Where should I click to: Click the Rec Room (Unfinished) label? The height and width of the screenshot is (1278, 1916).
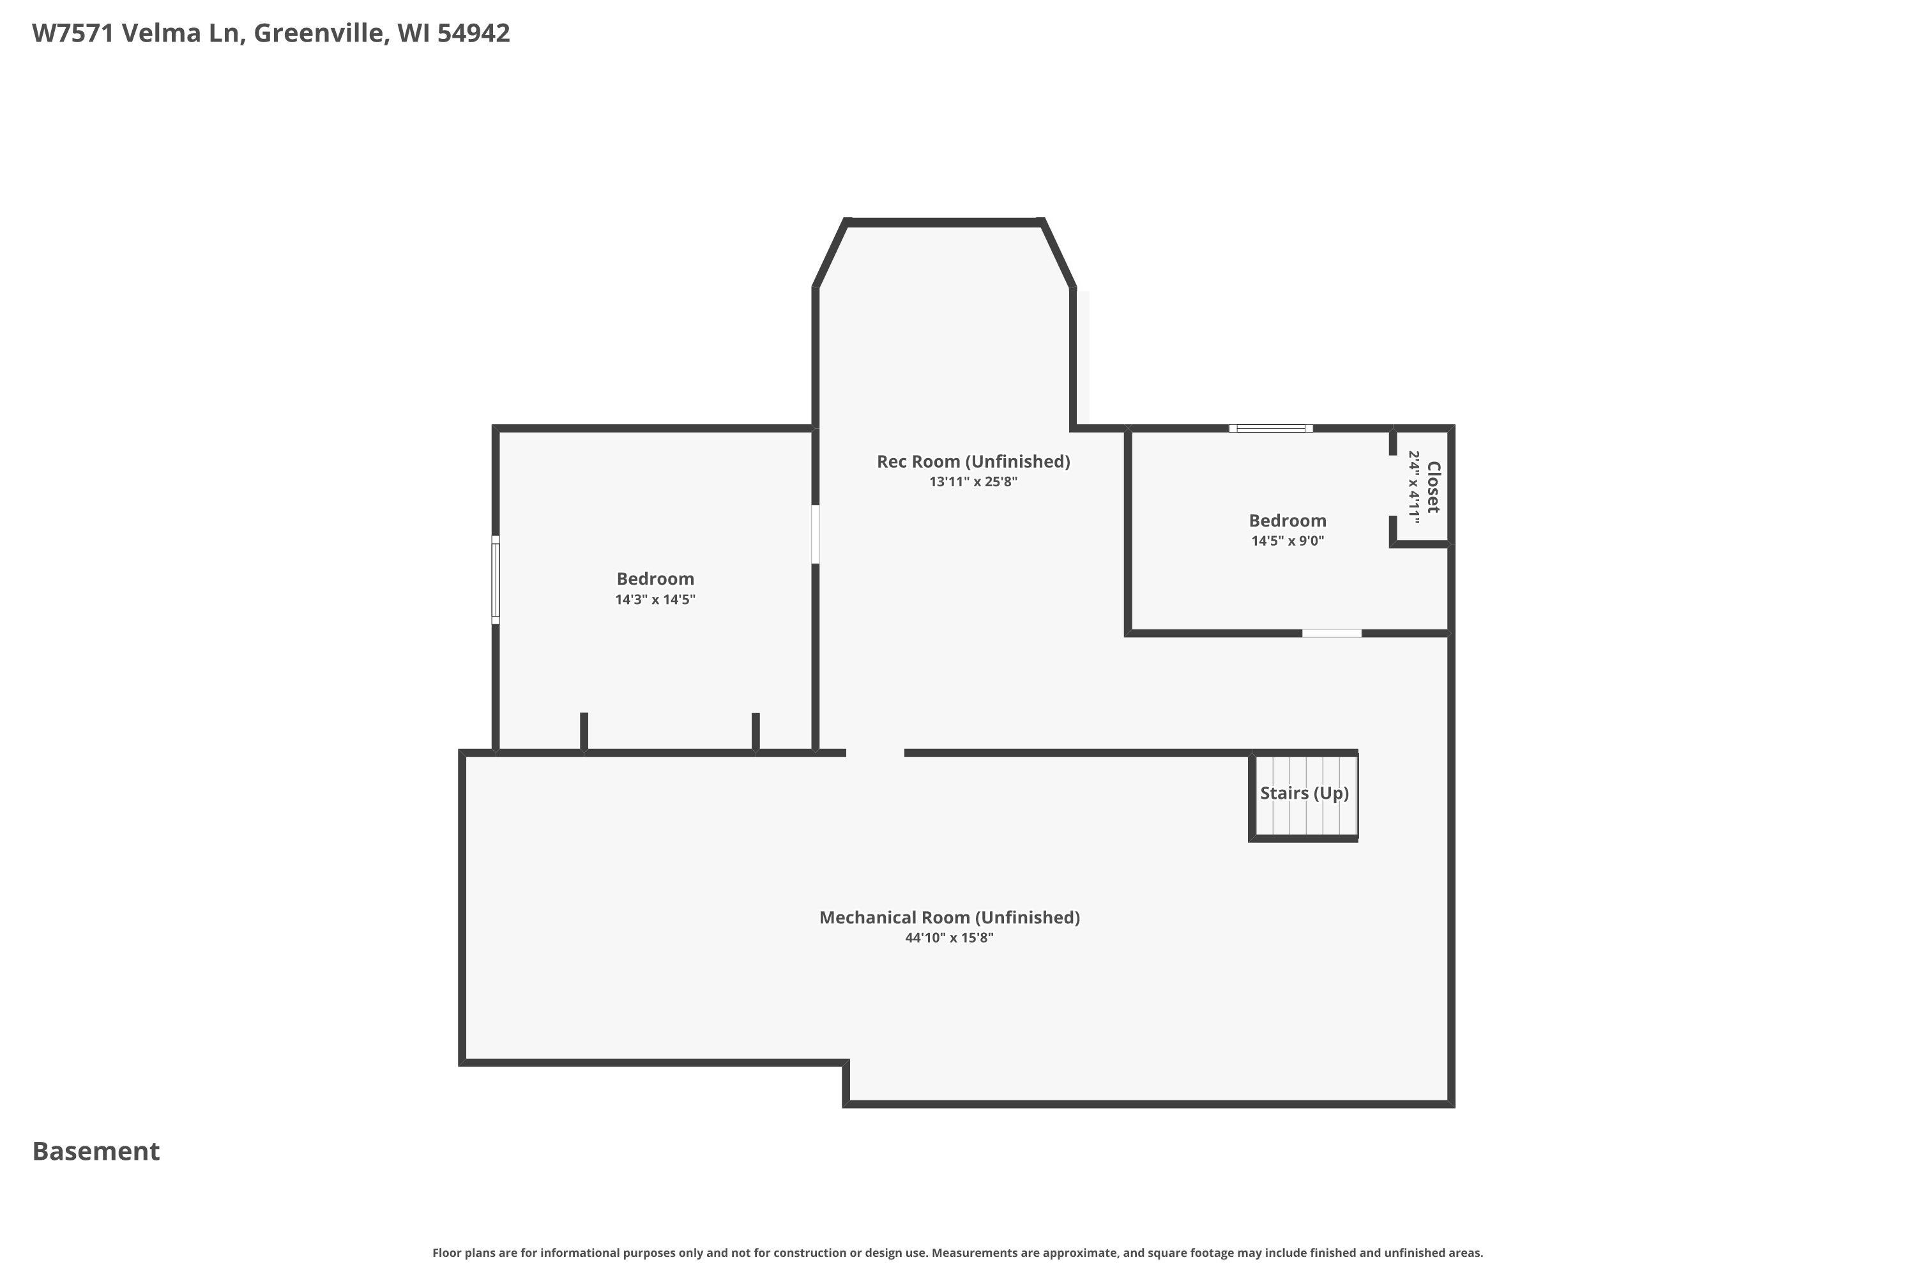[973, 461]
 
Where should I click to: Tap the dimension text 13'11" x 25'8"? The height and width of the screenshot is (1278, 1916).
[973, 482]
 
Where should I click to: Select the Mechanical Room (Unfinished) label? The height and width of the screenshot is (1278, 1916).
[949, 918]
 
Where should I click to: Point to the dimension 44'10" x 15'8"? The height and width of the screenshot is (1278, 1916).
[949, 938]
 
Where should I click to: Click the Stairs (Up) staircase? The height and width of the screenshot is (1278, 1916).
[1304, 796]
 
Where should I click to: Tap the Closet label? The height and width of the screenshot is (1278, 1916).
[1434, 488]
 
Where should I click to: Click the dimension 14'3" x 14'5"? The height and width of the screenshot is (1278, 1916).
[655, 600]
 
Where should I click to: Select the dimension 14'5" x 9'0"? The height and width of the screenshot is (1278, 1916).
[1288, 541]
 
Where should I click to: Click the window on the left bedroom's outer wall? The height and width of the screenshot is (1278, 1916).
[496, 580]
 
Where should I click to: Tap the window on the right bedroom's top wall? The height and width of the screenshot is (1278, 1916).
[1271, 428]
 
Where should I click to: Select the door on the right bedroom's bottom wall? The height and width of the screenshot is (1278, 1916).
[1331, 633]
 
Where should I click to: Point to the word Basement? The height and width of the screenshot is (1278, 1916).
[96, 1151]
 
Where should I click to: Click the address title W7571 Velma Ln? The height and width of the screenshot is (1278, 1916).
[139, 33]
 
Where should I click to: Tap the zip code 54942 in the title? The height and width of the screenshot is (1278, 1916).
[473, 33]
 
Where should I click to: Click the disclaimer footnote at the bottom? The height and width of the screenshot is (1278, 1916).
[958, 1252]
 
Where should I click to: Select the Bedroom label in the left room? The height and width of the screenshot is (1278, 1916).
[655, 579]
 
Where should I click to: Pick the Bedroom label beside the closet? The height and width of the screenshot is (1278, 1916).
[1288, 521]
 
